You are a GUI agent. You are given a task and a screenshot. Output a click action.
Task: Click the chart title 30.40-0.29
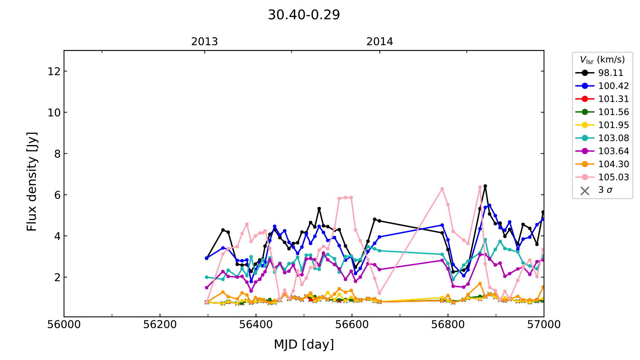[x=304, y=15]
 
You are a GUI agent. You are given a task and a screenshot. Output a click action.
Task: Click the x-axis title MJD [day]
[x=304, y=344]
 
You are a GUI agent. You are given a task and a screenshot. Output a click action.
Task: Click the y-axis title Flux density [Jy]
[x=32, y=182]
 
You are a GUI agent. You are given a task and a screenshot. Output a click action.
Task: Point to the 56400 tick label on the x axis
[x=256, y=325]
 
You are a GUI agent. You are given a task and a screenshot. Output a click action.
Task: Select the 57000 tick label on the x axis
[x=544, y=325]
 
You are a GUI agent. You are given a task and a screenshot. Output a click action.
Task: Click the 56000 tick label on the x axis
[x=64, y=325]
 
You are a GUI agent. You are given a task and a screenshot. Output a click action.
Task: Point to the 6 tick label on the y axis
[x=58, y=195]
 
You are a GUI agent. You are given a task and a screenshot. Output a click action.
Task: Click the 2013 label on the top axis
[x=204, y=42]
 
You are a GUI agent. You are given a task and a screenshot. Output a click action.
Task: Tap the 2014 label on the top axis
[x=380, y=42]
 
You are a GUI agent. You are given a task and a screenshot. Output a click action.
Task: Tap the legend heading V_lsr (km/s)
[x=602, y=60]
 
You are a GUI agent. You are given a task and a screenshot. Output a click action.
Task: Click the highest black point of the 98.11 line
[x=485, y=186]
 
